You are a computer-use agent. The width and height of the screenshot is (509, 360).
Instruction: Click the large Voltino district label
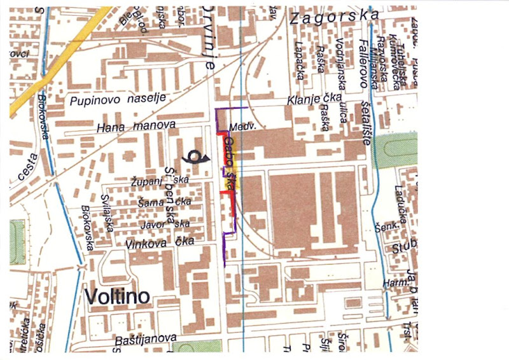click(x=116, y=296)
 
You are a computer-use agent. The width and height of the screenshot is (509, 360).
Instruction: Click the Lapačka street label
click(x=299, y=61)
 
